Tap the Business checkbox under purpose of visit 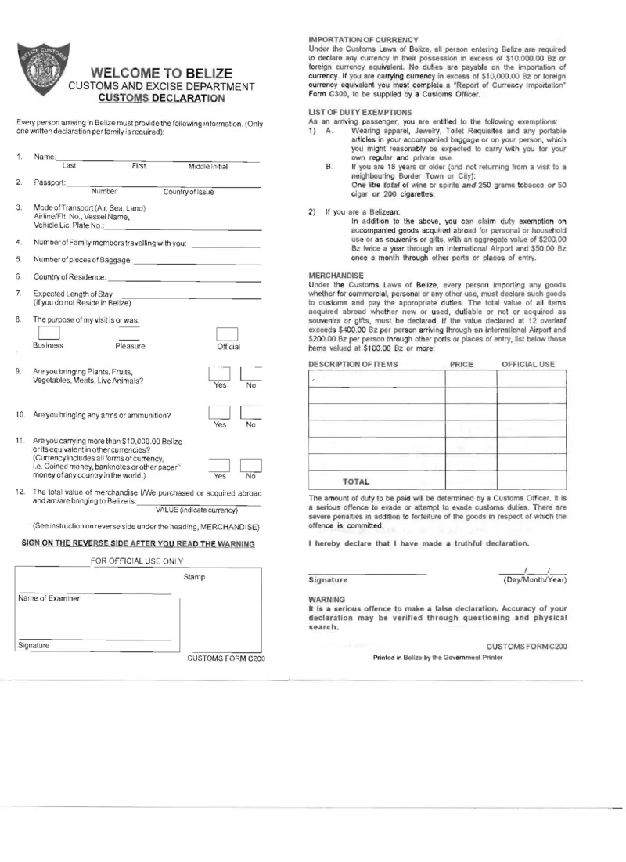(x=49, y=332)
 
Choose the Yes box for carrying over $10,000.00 (x=220, y=466)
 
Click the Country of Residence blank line (x=184, y=278)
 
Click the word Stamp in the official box (x=194, y=577)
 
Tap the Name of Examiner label (x=49, y=598)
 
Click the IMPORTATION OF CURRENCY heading (x=364, y=39)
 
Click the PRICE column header (x=462, y=364)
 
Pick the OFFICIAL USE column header (x=528, y=364)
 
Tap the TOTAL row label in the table (x=356, y=481)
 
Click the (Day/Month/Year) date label (x=535, y=579)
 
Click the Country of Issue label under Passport (x=189, y=192)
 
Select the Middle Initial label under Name (x=208, y=167)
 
